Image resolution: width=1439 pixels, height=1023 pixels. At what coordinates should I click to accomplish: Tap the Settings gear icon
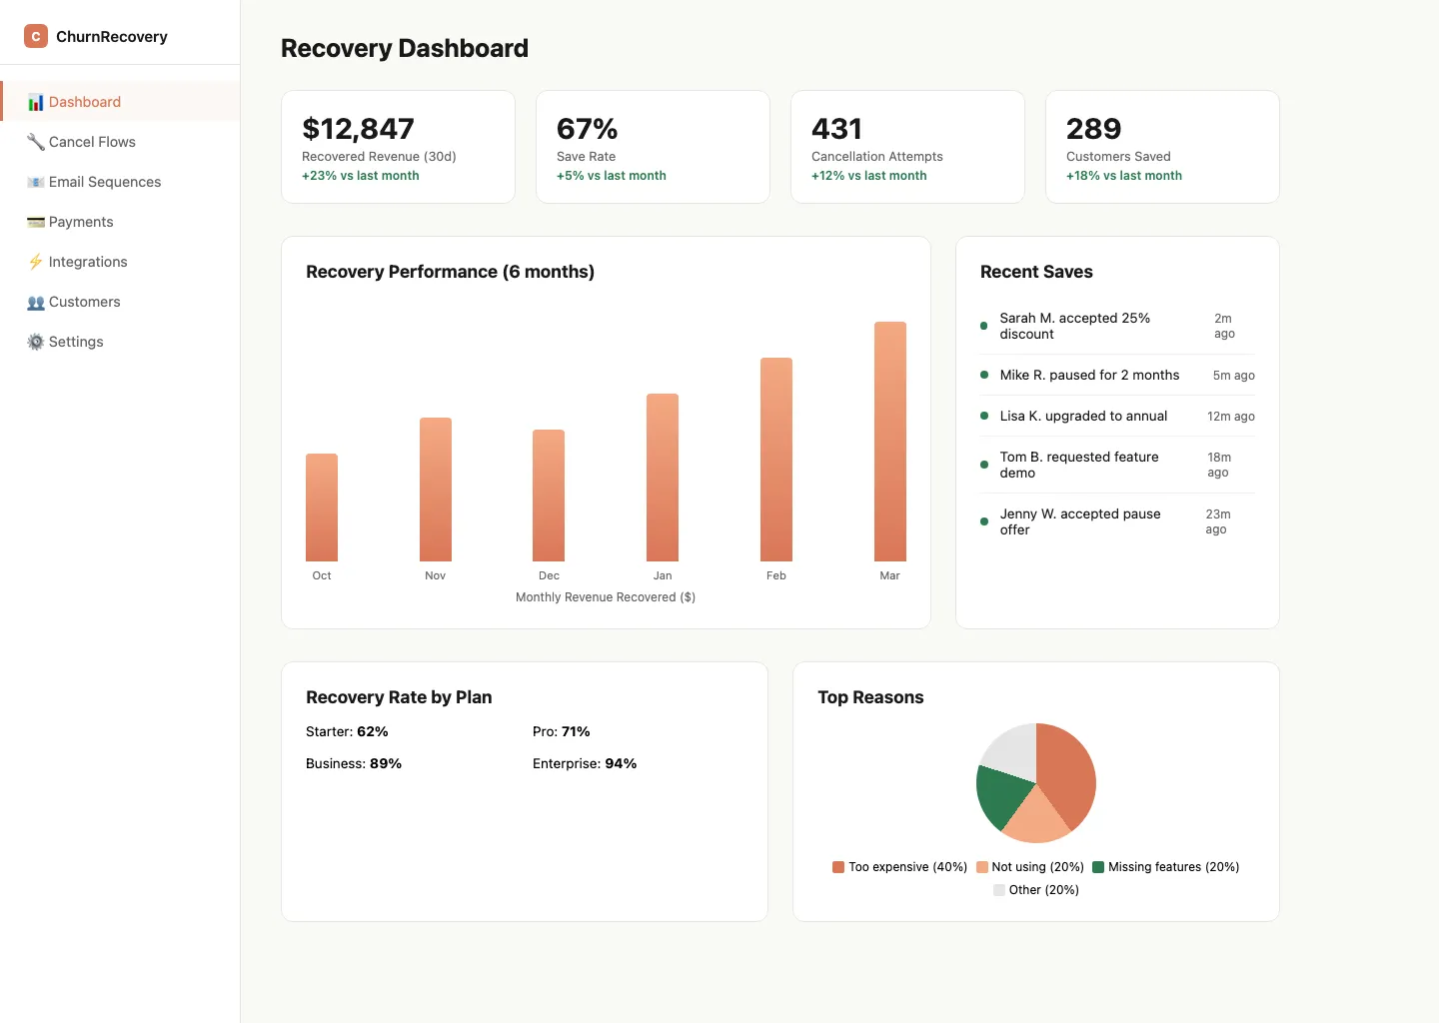click(36, 342)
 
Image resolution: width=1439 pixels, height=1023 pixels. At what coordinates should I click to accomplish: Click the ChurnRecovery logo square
click(36, 36)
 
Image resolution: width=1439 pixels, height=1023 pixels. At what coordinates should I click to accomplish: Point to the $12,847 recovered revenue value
click(358, 129)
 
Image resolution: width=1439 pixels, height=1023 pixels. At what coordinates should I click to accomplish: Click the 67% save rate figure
click(587, 129)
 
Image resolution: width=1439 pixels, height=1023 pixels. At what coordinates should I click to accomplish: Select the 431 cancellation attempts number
click(836, 129)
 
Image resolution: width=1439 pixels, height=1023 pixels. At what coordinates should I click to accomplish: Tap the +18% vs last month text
click(1123, 176)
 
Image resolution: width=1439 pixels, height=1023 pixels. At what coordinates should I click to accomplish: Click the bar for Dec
click(549, 496)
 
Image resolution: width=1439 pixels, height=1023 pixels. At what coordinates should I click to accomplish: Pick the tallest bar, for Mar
click(889, 442)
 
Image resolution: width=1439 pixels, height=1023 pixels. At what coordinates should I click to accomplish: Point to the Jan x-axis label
click(663, 575)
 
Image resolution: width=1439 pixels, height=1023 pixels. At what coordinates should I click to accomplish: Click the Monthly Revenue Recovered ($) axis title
click(606, 597)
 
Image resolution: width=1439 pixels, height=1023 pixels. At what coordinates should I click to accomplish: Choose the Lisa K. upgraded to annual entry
click(1083, 416)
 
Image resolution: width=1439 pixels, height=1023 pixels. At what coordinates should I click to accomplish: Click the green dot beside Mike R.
click(984, 375)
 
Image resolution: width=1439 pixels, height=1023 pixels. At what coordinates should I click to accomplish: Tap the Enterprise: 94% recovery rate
click(585, 763)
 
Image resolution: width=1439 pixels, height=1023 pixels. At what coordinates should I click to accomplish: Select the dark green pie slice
click(1002, 796)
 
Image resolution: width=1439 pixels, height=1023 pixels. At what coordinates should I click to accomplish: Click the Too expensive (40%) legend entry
click(899, 867)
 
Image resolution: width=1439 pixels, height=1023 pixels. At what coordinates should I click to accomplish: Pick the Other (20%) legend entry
click(1036, 890)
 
